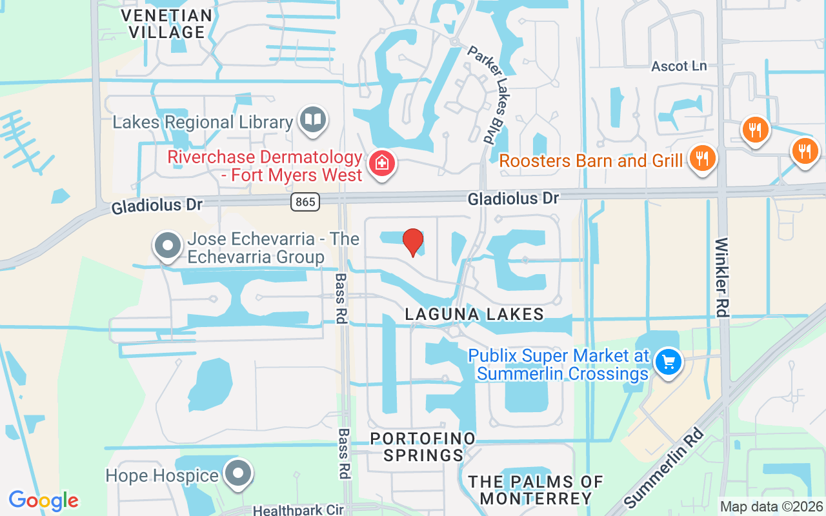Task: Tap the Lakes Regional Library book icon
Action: pyautogui.click(x=314, y=119)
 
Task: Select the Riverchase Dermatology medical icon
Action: pyautogui.click(x=381, y=163)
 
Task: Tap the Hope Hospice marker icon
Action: pyautogui.click(x=239, y=473)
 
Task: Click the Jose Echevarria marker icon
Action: pyautogui.click(x=168, y=246)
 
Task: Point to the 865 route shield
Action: pyautogui.click(x=305, y=202)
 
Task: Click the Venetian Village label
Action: pyautogui.click(x=166, y=23)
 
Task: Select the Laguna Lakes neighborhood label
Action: pyautogui.click(x=474, y=314)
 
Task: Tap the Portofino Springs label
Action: pyautogui.click(x=423, y=446)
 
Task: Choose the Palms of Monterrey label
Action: pyautogui.click(x=536, y=490)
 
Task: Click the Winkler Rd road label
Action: pyautogui.click(x=723, y=277)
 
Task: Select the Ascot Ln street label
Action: pyautogui.click(x=679, y=66)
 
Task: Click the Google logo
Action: pyautogui.click(x=43, y=501)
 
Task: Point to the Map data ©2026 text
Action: pyautogui.click(x=771, y=507)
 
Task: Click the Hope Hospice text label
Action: pyautogui.click(x=162, y=475)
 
